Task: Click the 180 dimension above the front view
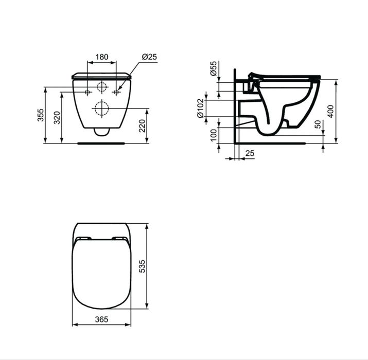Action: (102, 57)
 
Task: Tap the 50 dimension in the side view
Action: (317, 125)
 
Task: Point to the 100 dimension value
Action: (214, 136)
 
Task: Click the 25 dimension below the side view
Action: (250, 154)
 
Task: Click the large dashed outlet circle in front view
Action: (101, 108)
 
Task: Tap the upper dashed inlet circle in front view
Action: (102, 87)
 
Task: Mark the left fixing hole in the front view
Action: (87, 92)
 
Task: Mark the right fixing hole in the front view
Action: (116, 92)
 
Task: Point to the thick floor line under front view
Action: (101, 143)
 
